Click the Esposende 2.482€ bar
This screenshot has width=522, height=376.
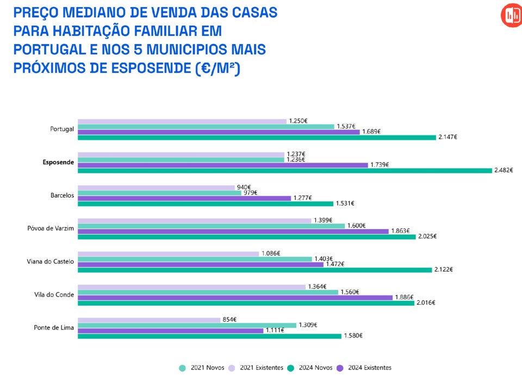pos(284,170)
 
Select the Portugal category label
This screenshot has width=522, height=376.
pos(61,129)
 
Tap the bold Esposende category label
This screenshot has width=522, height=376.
pos(58,162)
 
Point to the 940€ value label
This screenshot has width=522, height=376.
pos(244,187)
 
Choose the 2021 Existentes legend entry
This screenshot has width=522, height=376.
pos(258,367)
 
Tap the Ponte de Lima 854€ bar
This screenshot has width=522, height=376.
pos(149,319)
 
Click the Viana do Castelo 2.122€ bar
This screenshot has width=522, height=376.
pos(255,269)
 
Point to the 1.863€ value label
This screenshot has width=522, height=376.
pos(400,231)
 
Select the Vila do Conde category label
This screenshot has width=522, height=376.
pos(54,294)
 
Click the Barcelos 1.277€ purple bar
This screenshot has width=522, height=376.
pos(184,198)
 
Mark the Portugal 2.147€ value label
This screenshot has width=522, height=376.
pos(448,137)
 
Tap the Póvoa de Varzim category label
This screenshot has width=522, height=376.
pos(51,228)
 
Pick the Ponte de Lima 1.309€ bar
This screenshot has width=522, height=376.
pos(187,325)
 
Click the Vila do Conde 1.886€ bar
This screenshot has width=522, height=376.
pos(235,297)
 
